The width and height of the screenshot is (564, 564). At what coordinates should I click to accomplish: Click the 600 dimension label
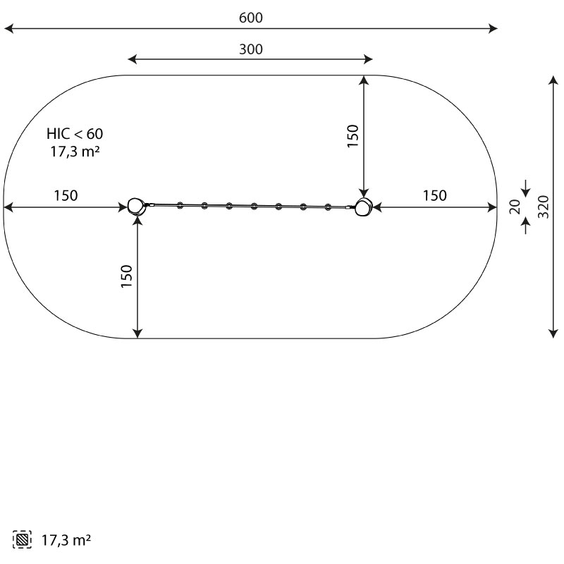[251, 18]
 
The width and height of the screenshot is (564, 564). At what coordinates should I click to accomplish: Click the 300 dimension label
[251, 49]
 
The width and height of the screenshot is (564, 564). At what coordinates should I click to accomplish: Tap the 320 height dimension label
[544, 207]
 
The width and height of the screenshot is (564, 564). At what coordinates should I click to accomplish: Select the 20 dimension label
[515, 207]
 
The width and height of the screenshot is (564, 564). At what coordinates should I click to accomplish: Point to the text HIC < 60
[75, 134]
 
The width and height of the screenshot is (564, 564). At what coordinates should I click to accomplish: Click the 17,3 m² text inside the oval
[75, 152]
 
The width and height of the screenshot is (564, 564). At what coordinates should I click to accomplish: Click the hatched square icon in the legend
[22, 540]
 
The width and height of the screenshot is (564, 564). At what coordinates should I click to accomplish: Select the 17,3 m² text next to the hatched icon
[66, 540]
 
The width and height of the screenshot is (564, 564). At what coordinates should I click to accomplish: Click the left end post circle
[135, 206]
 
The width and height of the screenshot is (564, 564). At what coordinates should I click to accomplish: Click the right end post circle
[363, 207]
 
